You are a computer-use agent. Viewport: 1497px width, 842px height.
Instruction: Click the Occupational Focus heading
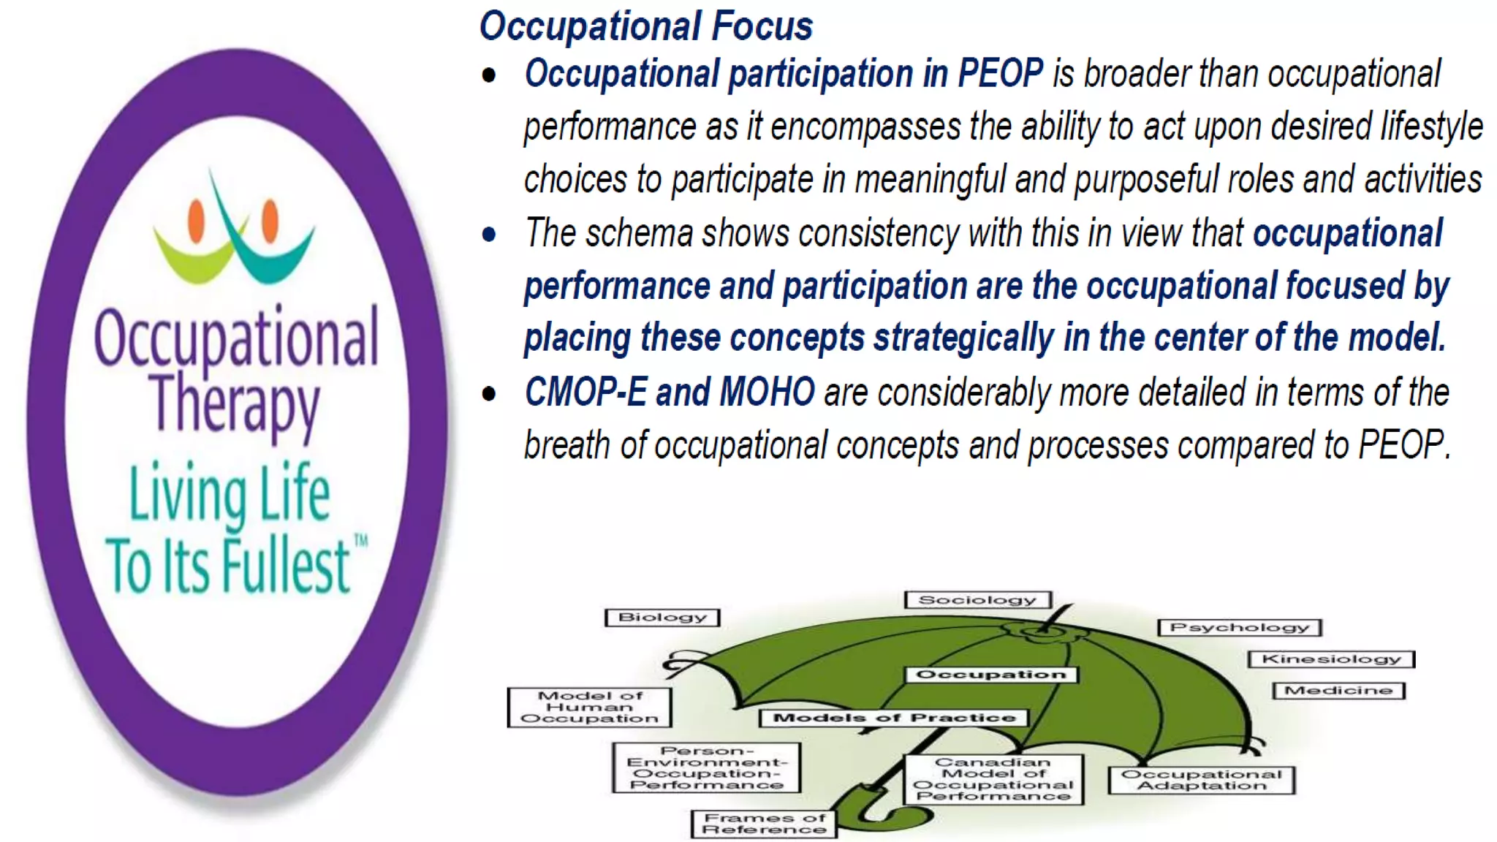(645, 26)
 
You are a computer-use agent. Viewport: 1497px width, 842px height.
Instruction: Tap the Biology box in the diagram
(662, 618)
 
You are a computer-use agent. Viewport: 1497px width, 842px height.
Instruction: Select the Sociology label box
(977, 600)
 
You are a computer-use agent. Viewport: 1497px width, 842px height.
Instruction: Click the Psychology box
(1240, 627)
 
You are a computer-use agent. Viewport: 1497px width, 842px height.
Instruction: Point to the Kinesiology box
(1331, 659)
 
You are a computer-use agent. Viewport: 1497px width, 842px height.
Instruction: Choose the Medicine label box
(1338, 691)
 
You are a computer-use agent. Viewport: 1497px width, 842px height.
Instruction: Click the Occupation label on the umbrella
(991, 675)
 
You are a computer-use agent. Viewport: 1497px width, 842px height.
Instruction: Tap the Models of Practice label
(894, 718)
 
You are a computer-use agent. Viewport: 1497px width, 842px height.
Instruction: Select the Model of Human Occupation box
(589, 707)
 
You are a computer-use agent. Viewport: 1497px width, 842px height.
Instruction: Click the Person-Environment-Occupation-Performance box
(706, 767)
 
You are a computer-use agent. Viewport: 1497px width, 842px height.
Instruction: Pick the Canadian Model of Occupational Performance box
(993, 779)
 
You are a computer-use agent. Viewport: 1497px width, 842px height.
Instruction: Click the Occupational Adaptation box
(1201, 779)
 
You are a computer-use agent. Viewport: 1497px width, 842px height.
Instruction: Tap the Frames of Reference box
(764, 824)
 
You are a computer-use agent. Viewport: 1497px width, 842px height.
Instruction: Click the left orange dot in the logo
(196, 221)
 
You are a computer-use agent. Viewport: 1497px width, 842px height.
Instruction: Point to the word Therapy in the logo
(235, 406)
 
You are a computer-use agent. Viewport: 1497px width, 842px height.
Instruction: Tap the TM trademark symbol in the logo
(360, 542)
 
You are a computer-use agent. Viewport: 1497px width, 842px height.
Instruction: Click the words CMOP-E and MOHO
(670, 392)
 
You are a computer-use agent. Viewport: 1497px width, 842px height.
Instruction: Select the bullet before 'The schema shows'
(489, 235)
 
